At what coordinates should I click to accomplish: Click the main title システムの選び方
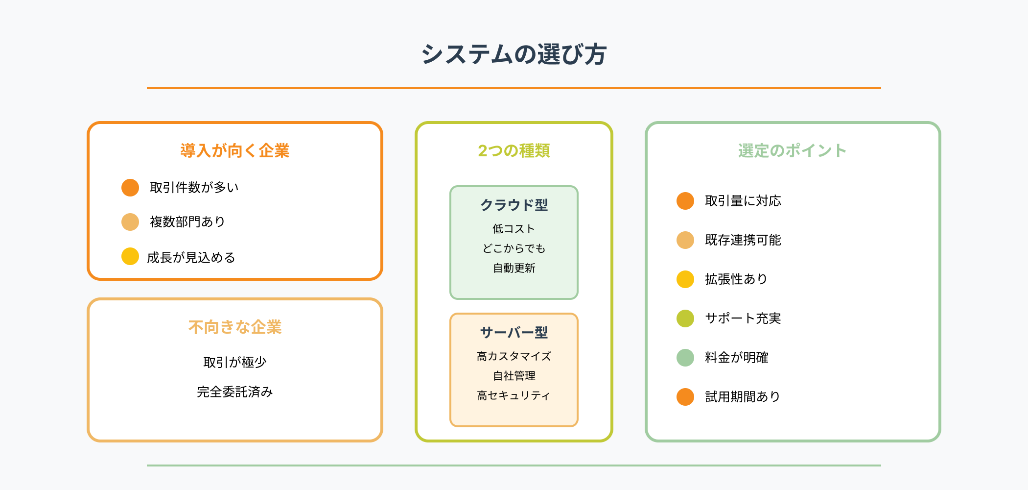point(514,54)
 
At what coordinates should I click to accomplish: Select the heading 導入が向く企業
point(235,150)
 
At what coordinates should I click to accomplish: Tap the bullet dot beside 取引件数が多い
point(130,187)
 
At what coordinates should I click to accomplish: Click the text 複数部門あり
point(187,221)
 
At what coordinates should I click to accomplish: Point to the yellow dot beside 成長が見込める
point(130,256)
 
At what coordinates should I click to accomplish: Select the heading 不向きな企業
point(235,327)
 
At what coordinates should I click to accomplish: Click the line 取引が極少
point(235,362)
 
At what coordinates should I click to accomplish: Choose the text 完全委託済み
point(235,392)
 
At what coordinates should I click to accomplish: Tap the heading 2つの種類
point(514,150)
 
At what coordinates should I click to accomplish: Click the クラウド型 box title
point(514,205)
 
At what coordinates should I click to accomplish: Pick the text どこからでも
point(514,248)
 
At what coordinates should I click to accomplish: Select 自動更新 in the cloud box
point(514,268)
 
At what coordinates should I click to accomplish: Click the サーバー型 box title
point(514,332)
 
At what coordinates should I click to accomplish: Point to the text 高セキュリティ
point(514,395)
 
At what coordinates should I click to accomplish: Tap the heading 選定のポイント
point(792,150)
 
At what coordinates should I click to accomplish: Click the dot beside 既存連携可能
point(685,240)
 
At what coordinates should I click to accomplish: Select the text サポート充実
point(743,318)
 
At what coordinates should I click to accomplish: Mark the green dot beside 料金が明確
point(685,358)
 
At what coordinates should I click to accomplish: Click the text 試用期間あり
point(743,397)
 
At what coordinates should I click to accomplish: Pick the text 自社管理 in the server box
point(514,376)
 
